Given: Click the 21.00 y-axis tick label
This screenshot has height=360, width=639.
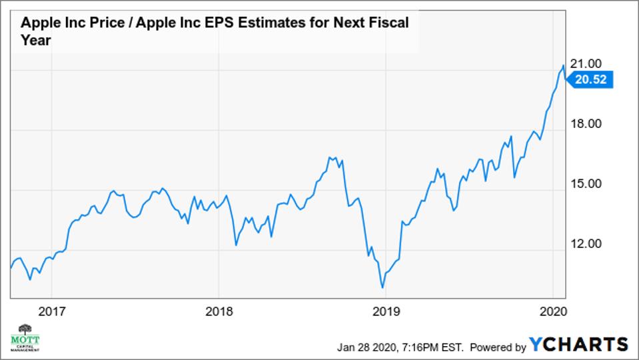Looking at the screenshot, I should click(x=588, y=63).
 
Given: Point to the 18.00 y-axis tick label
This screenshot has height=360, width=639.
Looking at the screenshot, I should click(x=588, y=124).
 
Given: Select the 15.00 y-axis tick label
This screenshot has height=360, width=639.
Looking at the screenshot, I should click(x=588, y=184).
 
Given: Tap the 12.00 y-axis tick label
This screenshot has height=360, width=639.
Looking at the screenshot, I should click(x=588, y=244).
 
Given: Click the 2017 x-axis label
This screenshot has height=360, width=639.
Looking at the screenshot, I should click(x=51, y=310).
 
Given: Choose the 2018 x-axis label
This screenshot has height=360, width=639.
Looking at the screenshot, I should click(x=219, y=310).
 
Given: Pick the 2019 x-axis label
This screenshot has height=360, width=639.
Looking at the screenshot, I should click(x=386, y=310).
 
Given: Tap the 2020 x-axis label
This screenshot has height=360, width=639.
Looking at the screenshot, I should click(x=553, y=310).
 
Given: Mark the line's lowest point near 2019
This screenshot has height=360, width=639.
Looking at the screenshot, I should click(x=382, y=288).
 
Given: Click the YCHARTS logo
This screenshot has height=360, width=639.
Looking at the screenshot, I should click(x=578, y=345).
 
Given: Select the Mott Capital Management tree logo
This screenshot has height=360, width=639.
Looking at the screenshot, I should click(x=25, y=337).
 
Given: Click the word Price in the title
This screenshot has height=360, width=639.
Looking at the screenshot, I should click(x=100, y=23).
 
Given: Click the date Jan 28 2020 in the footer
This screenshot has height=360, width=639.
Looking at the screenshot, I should click(x=367, y=347).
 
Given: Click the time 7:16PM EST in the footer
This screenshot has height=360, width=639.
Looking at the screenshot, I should click(x=434, y=347).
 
